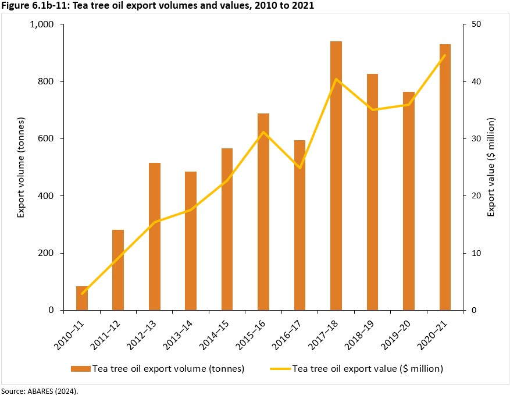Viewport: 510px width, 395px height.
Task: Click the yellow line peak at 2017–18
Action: coord(336,79)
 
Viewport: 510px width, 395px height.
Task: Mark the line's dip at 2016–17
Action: coord(299,168)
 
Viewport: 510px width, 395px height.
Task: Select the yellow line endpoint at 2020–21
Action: coord(445,55)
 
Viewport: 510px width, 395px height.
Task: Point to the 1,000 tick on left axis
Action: coord(41,24)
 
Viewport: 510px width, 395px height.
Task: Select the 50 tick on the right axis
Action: coord(475,24)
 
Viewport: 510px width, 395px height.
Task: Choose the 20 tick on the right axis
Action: coord(475,196)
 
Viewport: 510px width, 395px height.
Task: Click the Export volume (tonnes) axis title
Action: coord(21,168)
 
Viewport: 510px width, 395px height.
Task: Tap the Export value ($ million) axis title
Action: coord(491,168)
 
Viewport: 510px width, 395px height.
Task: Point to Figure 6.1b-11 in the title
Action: coord(35,6)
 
